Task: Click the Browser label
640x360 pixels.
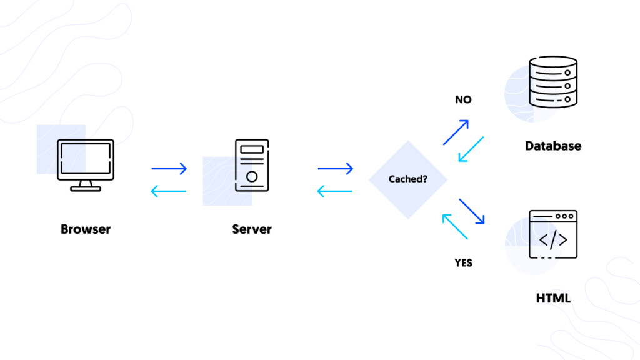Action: point(85,229)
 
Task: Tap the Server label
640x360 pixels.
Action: point(252,229)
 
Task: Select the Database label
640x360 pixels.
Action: point(553,146)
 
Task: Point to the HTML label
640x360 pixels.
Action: point(553,298)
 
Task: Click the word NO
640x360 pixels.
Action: point(463,99)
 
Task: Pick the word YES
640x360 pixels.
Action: point(463,263)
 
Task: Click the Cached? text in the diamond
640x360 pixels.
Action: point(407,179)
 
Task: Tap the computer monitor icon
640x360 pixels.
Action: point(86,165)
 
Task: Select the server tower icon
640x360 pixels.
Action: point(252,165)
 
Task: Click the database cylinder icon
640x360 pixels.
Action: point(553,82)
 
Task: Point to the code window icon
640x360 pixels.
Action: point(553,234)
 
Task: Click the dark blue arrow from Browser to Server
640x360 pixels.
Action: point(169,168)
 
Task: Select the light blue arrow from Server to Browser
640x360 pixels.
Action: point(168,191)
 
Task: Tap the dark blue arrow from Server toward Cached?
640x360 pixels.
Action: point(336,168)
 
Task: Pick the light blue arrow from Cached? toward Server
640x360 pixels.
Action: point(335,191)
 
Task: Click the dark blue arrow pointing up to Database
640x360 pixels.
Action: point(456,132)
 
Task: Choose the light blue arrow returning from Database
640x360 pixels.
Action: point(471,149)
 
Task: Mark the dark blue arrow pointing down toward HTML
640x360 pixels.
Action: point(472,211)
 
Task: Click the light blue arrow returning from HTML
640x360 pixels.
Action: point(455,226)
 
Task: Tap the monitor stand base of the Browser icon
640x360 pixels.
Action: point(86,189)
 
